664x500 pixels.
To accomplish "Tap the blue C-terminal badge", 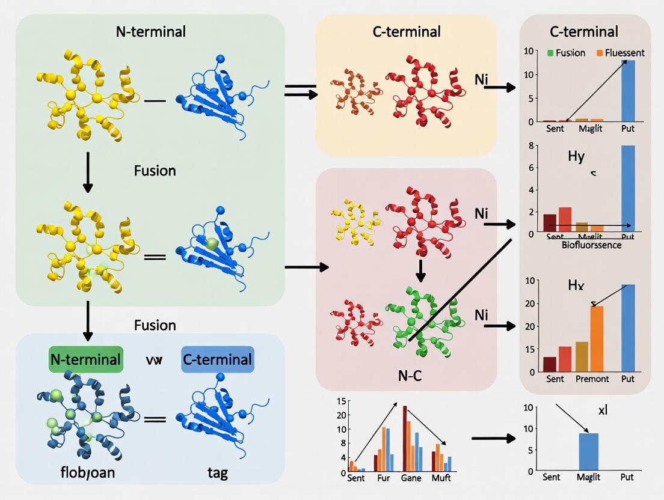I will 217,359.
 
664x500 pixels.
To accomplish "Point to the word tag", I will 217,472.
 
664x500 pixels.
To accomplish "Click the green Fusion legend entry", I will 566,53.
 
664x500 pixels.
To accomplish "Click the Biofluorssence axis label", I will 592,245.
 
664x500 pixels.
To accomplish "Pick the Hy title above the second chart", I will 576,157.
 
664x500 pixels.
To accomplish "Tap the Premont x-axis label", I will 592,379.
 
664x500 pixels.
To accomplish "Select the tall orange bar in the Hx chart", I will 597,338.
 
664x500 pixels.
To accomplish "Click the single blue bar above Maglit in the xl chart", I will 588,451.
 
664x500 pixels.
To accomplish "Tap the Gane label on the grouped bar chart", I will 411,479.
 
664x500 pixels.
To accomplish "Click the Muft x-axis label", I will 441,479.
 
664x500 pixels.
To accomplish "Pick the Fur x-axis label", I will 383,479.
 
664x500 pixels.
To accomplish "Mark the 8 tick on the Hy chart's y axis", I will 531,145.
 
